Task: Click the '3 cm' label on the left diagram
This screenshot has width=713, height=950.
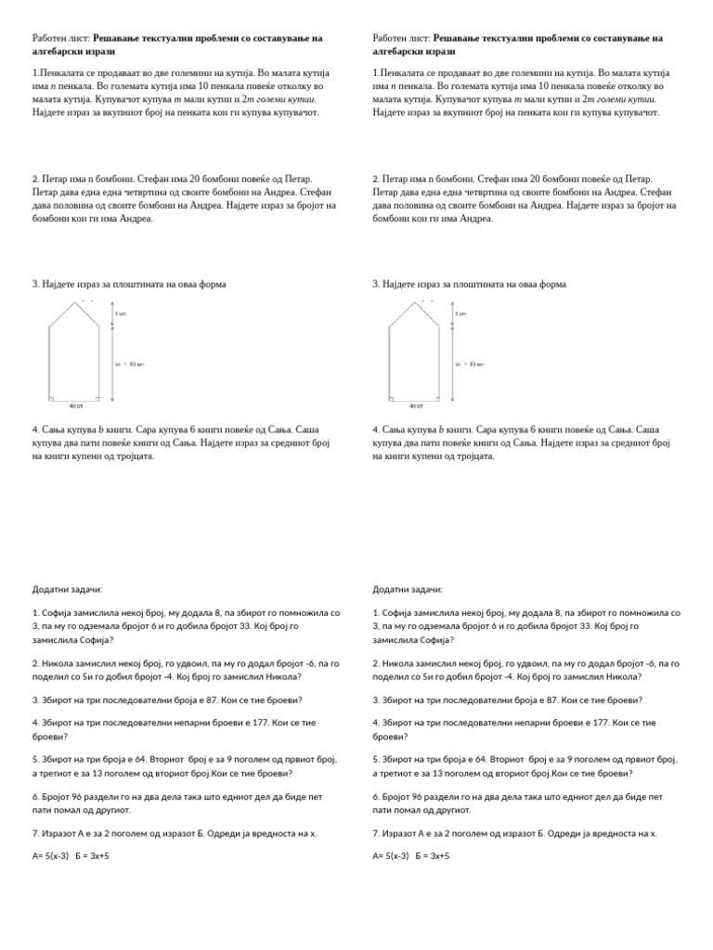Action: (x=120, y=314)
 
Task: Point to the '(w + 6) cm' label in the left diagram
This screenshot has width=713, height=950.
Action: (x=129, y=364)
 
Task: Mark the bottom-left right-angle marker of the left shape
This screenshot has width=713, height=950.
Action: (x=52, y=397)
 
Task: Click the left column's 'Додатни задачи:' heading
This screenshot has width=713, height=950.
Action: (x=68, y=589)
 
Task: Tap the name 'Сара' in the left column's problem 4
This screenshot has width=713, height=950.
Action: (x=149, y=430)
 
